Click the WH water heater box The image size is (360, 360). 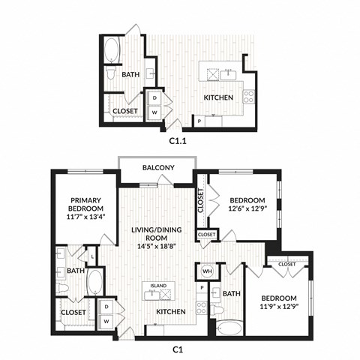(207, 271)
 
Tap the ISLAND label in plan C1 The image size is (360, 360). (157, 286)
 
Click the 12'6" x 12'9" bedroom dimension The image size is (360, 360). (247, 209)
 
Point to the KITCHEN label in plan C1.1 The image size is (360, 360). (218, 97)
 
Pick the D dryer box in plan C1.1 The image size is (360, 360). (155, 97)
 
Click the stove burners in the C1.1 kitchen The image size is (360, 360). (248, 96)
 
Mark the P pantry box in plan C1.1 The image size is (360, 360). (199, 121)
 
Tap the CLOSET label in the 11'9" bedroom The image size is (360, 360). (287, 264)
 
